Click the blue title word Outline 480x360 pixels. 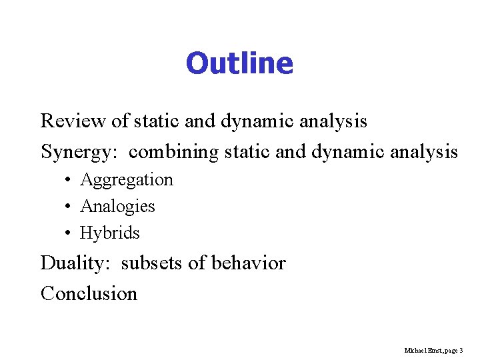click(x=239, y=63)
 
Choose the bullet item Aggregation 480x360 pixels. click(x=126, y=180)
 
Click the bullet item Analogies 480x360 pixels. click(x=117, y=207)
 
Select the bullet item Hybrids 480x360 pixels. click(x=110, y=233)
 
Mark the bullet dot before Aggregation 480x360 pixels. click(x=69, y=180)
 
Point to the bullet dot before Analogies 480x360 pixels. click(x=69, y=207)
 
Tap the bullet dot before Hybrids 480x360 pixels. click(x=69, y=233)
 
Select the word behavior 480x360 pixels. click(x=248, y=263)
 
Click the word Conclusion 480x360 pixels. click(x=89, y=293)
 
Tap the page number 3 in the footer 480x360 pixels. click(x=461, y=350)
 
